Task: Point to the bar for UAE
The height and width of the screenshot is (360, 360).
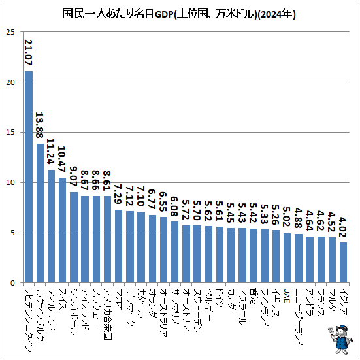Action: [287, 257]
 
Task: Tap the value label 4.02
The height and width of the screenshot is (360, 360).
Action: [344, 226]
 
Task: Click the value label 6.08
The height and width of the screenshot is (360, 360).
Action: [174, 205]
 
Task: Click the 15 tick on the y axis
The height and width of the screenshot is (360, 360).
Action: [10, 133]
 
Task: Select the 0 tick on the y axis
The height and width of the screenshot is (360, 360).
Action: [12, 283]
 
